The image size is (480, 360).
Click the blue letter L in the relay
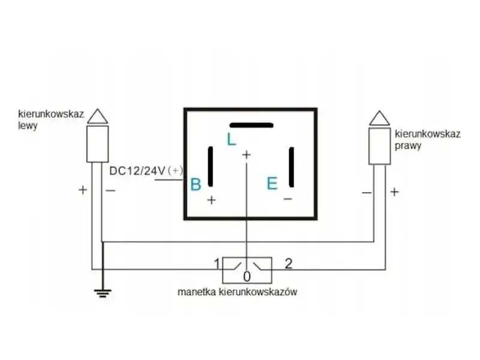pyautogui.click(x=232, y=139)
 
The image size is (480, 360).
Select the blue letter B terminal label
pyautogui.click(x=196, y=184)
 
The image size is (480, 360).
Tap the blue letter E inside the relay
pyautogui.click(x=272, y=184)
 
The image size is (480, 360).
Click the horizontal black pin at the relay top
pyautogui.click(x=251, y=125)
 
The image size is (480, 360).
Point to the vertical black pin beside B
pyautogui.click(x=211, y=167)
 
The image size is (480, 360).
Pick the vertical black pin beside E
pyautogui.click(x=292, y=167)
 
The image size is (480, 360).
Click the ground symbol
pyautogui.click(x=103, y=293)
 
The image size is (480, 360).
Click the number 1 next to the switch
pyautogui.click(x=217, y=263)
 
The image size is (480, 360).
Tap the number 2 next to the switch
pyautogui.click(x=289, y=263)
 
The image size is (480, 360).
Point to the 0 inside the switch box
pyautogui.click(x=247, y=277)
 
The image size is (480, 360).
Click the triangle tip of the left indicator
pyautogui.click(x=98, y=109)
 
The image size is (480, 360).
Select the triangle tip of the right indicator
pyautogui.click(x=380, y=111)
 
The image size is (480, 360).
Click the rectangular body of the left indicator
pyautogui.click(x=98, y=144)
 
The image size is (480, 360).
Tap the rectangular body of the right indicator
pyautogui.click(x=380, y=146)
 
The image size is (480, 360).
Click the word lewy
pyautogui.click(x=28, y=125)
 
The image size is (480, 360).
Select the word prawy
pyautogui.click(x=408, y=145)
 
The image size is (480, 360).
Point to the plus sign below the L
pyautogui.click(x=247, y=155)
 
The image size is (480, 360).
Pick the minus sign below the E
pyautogui.click(x=288, y=199)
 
